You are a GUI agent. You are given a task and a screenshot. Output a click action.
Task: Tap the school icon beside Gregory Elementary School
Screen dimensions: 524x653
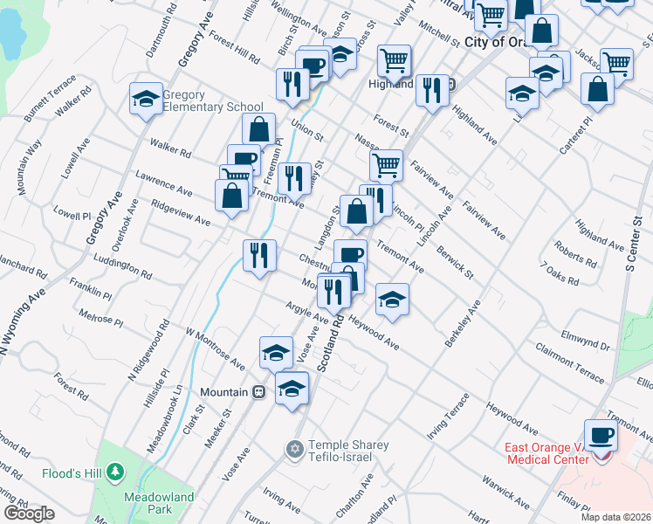click(x=146, y=98)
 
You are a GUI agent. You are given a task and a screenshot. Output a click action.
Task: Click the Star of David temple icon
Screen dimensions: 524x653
click(x=295, y=449)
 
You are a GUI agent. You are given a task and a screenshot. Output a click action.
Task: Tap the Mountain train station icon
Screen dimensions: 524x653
click(x=258, y=392)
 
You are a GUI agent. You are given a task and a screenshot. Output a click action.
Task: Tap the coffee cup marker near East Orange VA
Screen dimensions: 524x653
click(x=600, y=434)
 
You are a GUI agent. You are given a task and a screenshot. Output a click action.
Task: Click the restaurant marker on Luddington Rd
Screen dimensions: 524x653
click(x=259, y=256)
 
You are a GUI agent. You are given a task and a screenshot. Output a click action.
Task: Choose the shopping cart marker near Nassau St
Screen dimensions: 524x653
click(x=386, y=164)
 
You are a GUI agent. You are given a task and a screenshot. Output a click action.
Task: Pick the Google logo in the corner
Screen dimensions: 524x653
click(x=29, y=514)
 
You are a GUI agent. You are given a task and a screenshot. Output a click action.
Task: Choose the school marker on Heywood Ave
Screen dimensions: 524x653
click(x=393, y=300)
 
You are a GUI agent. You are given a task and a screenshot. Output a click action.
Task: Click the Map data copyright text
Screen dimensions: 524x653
click(x=615, y=517)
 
